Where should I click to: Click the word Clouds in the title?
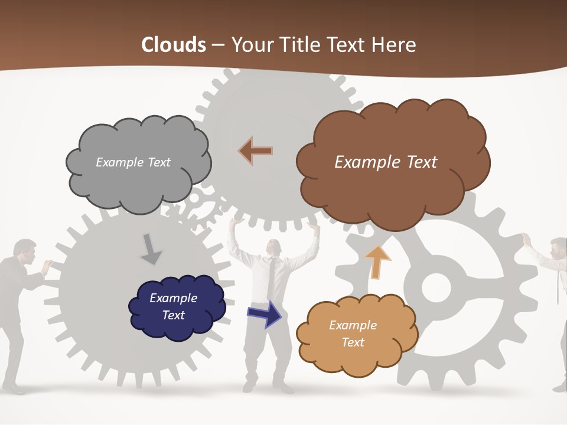174,45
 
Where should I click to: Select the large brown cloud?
390,189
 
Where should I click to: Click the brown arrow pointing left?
256,151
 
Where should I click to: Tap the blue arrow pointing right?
265,313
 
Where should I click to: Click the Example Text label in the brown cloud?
386,162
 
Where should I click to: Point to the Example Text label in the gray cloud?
133,162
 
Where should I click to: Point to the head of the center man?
272,248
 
